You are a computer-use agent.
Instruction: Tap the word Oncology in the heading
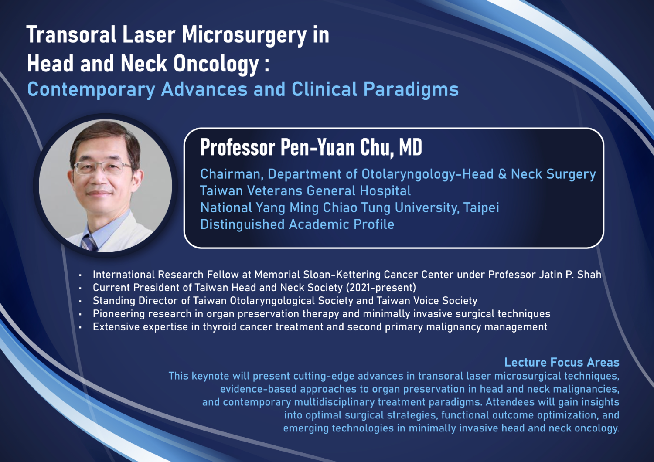[x=216, y=65]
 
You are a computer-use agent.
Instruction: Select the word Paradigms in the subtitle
[x=411, y=90]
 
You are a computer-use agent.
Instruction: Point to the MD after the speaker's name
[x=411, y=147]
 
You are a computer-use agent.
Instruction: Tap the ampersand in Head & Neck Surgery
[x=502, y=174]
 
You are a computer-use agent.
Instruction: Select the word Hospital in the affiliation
[x=385, y=191]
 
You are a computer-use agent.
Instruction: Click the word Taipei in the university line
[x=481, y=208]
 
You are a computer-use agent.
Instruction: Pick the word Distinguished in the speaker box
[x=242, y=224]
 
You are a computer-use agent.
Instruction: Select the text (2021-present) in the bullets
[x=381, y=288]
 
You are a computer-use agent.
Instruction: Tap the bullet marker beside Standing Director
[x=80, y=301]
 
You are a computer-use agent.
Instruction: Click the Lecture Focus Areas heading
[x=562, y=362]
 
